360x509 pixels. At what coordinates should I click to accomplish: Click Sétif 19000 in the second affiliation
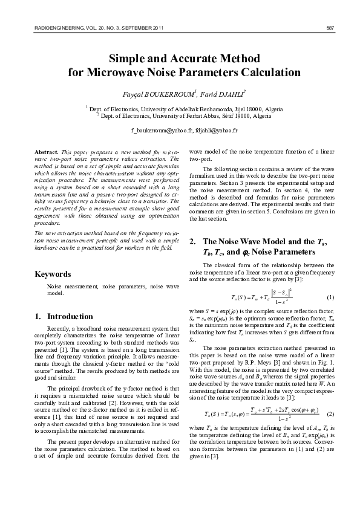[x=237, y=114]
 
